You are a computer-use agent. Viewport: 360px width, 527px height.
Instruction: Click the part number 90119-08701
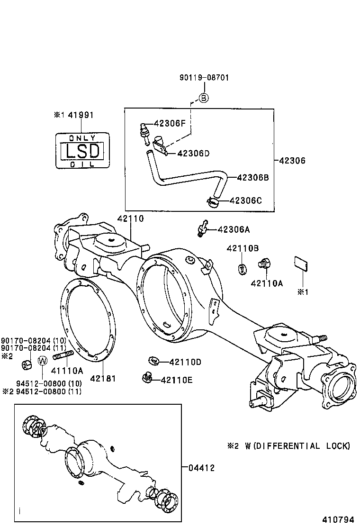coord(204,77)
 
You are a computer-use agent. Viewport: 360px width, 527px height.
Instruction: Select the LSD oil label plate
coord(82,150)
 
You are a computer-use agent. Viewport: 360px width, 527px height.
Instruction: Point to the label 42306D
coord(193,153)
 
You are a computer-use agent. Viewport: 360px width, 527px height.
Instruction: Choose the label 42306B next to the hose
coord(252,177)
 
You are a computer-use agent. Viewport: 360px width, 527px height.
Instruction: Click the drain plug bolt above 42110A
coord(263,263)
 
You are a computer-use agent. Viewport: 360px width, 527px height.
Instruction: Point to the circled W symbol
coord(42,361)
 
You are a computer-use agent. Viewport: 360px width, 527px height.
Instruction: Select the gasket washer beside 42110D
coord(153,361)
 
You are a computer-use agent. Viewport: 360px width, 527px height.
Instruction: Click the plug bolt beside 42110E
coord(147,378)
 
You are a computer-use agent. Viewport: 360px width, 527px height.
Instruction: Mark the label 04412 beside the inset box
coord(201,468)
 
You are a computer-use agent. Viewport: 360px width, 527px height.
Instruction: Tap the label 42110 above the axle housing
coord(130,218)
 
